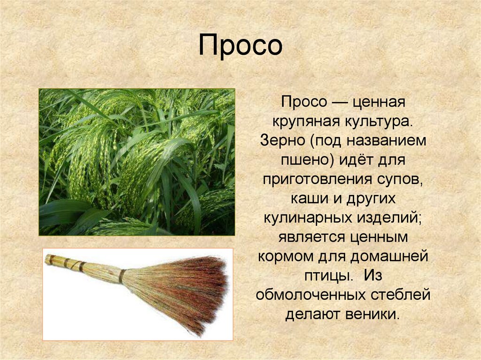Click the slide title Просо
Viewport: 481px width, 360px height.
pyautogui.click(x=240, y=46)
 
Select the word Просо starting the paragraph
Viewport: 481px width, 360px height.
pyautogui.click(x=304, y=102)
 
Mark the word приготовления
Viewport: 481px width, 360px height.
pyautogui.click(x=317, y=180)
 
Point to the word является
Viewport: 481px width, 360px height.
pyautogui.click(x=311, y=237)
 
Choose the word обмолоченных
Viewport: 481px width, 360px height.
pyautogui.click(x=311, y=295)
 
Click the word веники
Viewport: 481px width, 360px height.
pyautogui.click(x=372, y=314)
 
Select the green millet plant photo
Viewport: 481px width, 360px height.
pyautogui.click(x=137, y=162)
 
